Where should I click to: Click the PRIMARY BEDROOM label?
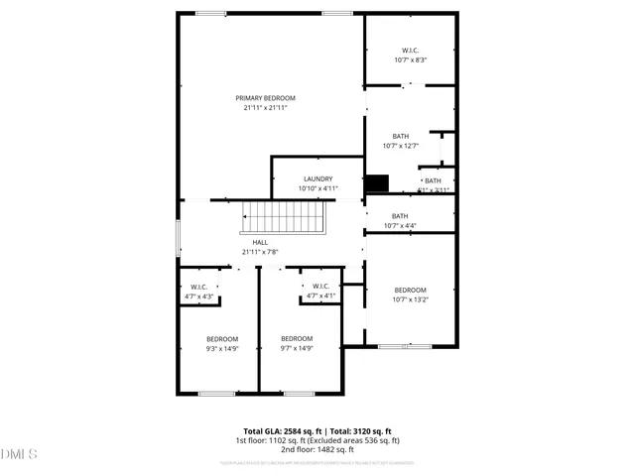[265, 98]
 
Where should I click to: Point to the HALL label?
[260, 243]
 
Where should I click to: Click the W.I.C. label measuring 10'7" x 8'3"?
[411, 51]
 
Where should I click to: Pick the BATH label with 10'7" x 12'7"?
[400, 137]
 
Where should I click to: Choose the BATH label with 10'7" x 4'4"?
[400, 216]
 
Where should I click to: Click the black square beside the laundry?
[377, 184]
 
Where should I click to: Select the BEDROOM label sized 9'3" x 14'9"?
[222, 339]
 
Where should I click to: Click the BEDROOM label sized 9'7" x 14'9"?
[297, 339]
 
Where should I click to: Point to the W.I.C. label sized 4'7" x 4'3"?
[198, 288]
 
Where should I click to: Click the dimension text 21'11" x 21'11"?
[265, 108]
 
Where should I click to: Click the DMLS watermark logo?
[20, 454]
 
